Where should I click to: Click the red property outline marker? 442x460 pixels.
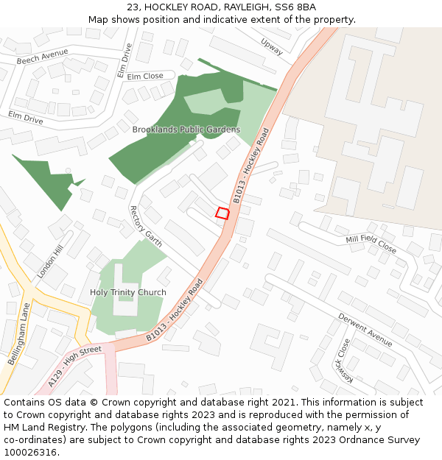[x=222, y=213]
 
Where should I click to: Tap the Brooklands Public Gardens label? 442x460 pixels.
[x=186, y=130]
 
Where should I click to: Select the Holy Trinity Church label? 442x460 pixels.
[x=127, y=292]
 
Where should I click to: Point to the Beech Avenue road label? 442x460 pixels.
[x=42, y=56]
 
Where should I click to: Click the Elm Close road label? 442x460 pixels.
[x=145, y=76]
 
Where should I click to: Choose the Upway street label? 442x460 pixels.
[x=271, y=47]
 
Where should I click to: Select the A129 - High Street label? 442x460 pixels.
[x=75, y=366]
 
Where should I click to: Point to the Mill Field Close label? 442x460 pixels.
[x=371, y=244]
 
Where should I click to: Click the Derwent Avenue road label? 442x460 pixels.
[x=365, y=328]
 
